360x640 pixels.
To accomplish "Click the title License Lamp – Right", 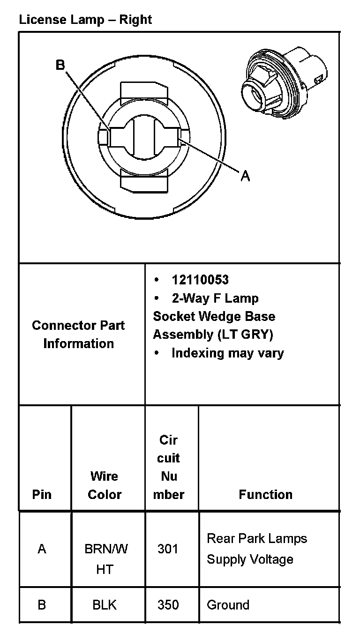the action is (x=85, y=20).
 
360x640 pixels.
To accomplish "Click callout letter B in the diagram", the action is (x=60, y=65).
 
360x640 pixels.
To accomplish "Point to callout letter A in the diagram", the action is (x=245, y=176).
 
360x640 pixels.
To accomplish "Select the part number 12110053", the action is (x=200, y=280).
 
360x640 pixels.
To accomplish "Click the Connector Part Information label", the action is (x=78, y=334).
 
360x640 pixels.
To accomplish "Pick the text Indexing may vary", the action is (x=227, y=353).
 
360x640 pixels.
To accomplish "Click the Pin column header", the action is (x=42, y=494).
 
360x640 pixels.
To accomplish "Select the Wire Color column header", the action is (x=105, y=485).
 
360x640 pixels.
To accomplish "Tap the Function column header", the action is (x=265, y=494).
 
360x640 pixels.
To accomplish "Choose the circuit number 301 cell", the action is (x=168, y=549).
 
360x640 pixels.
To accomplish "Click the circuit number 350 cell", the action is (x=168, y=605).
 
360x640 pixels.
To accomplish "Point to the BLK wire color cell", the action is (x=105, y=605).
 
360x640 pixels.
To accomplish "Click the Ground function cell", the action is (x=228, y=605).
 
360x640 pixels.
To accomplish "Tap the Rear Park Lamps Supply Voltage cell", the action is (x=257, y=549).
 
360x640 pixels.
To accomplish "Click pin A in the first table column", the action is (x=42, y=549).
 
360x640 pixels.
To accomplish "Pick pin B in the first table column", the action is (x=42, y=605).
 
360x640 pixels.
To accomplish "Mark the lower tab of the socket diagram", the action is (x=144, y=181).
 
